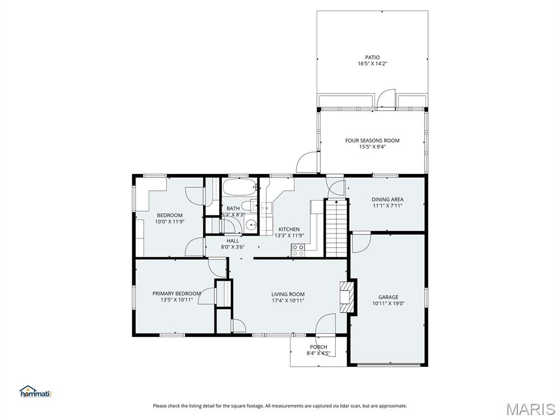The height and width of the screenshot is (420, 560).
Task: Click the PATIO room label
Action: (372, 57)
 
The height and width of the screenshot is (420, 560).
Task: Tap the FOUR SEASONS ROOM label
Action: (372, 141)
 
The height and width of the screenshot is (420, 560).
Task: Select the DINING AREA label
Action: (388, 200)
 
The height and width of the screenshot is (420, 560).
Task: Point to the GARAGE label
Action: (388, 297)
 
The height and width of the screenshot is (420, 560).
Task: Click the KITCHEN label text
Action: (289, 229)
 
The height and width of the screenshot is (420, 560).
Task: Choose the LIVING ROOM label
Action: (288, 294)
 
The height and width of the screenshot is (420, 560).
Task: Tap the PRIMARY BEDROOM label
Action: (177, 294)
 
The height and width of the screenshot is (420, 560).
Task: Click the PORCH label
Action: (318, 347)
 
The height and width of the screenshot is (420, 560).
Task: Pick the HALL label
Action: (232, 241)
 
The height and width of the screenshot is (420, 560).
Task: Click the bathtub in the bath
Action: (240, 188)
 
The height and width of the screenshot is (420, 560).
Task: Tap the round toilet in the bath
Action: (252, 224)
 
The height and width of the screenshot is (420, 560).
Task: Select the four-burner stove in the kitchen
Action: (298, 250)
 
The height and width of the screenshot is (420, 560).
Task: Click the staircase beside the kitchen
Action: (336, 228)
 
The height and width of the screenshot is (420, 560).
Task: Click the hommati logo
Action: (35, 391)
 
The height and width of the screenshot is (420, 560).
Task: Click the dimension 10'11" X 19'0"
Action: (388, 304)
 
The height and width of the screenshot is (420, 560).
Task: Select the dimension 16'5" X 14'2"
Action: (372, 64)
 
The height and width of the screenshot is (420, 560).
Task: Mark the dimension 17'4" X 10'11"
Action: (288, 301)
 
